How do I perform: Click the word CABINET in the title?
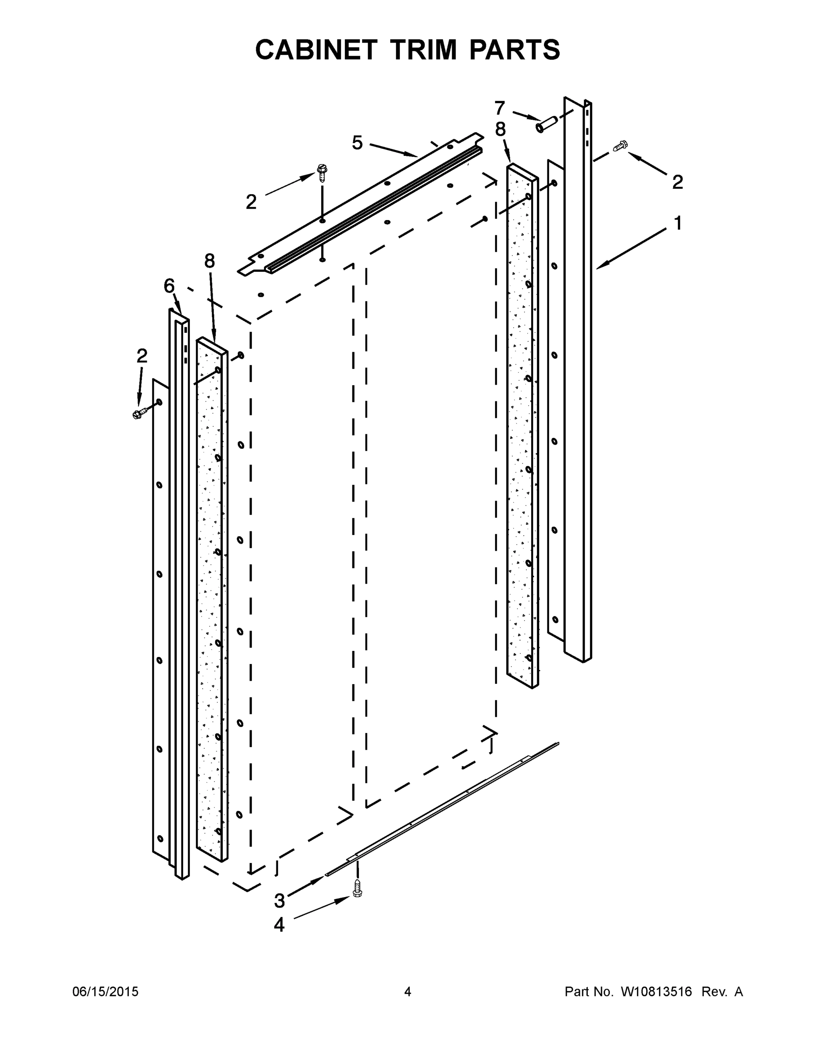pos(316,50)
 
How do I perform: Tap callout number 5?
pos(357,143)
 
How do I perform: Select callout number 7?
pos(500,108)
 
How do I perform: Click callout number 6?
pos(169,286)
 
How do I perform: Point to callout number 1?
pos(678,224)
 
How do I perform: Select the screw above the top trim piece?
pos(322,172)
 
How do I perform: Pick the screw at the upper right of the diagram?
pos(620,145)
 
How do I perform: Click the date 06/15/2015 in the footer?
pos(105,991)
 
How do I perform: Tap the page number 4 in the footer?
pos(408,991)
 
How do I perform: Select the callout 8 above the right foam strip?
pos(500,130)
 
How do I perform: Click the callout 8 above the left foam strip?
pos(209,261)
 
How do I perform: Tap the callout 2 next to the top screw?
pos(251,202)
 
